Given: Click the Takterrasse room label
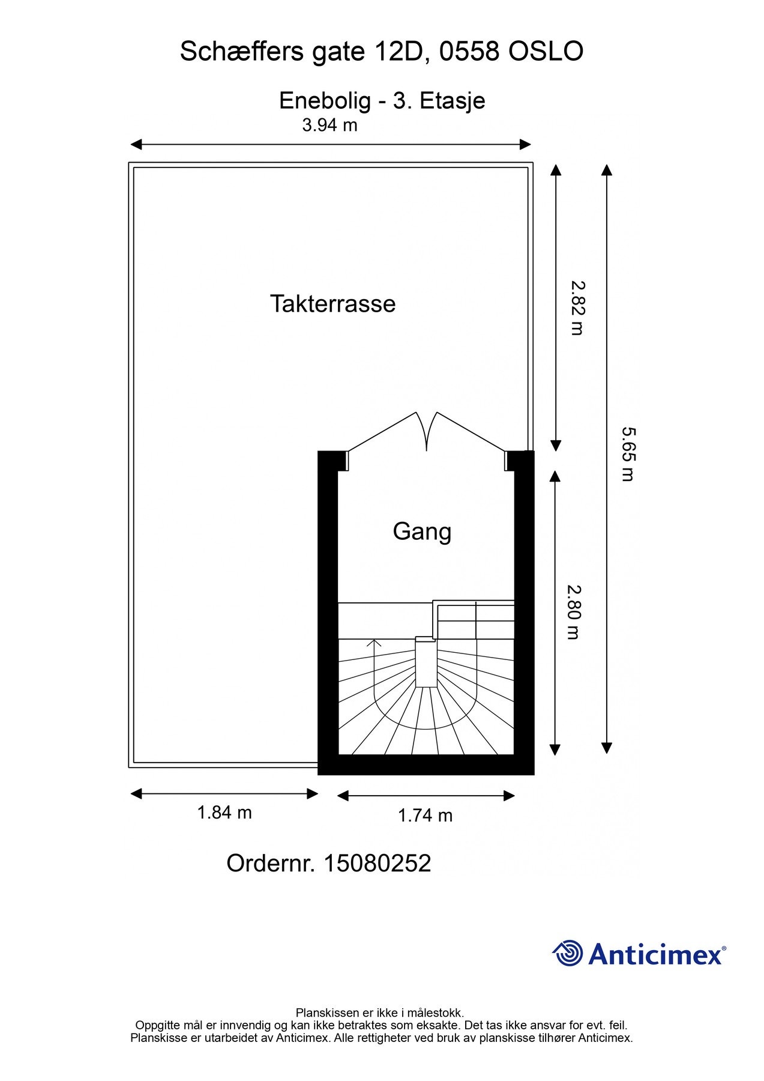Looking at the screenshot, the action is click(x=332, y=304).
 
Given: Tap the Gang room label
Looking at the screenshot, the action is click(x=422, y=532).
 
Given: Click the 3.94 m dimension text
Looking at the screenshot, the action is click(x=329, y=125).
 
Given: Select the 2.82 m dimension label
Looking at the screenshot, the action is click(x=577, y=308).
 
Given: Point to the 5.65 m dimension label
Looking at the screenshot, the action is click(x=628, y=454).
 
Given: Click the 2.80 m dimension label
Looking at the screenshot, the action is click(x=573, y=612).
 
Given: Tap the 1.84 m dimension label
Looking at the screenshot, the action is click(x=224, y=813).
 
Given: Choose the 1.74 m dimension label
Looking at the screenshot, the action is click(x=426, y=816).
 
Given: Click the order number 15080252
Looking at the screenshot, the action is click(x=377, y=864).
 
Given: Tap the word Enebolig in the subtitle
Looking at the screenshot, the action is click(x=325, y=101).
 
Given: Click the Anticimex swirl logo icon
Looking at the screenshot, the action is click(x=568, y=953).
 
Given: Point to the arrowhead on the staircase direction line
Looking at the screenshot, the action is click(x=374, y=644).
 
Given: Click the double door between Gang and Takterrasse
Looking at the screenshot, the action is click(x=426, y=432).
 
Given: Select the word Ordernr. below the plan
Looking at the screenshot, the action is click(x=271, y=864).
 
